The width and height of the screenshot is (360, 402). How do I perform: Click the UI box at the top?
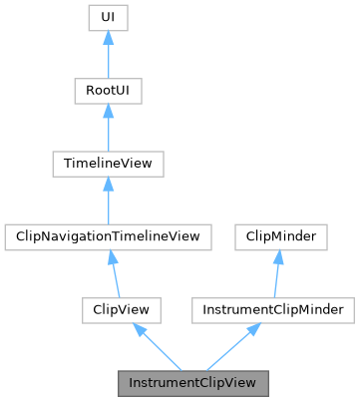(x=108, y=18)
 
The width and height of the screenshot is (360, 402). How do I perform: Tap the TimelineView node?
(x=108, y=164)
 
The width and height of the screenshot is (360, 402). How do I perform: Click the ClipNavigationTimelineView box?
(x=108, y=236)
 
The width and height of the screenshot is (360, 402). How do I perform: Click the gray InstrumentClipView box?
(x=193, y=382)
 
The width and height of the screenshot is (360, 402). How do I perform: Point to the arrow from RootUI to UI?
(x=108, y=56)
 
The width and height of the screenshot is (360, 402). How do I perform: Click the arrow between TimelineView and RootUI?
(x=108, y=129)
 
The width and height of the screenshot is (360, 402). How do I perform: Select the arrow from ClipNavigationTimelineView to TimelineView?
(x=108, y=201)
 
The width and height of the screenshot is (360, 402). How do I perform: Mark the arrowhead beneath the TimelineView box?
(x=108, y=184)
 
